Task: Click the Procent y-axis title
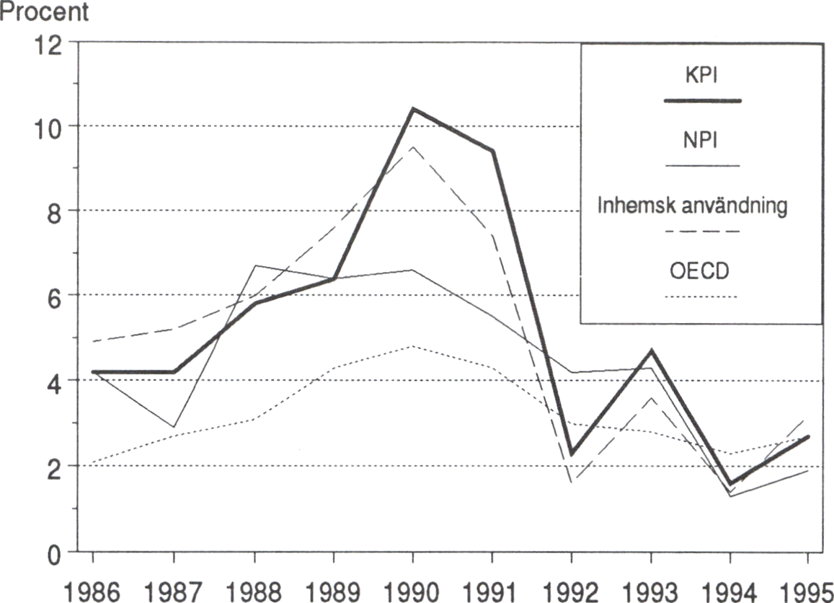(x=45, y=12)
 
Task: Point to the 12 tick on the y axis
(x=53, y=43)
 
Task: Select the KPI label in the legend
(x=701, y=74)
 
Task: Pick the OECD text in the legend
(x=701, y=273)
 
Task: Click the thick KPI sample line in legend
(x=701, y=101)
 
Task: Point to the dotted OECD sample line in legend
(x=701, y=297)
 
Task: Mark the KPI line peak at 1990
(x=412, y=109)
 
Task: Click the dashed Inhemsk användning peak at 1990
(x=412, y=147)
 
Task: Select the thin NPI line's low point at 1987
(x=174, y=427)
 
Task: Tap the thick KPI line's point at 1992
(x=572, y=454)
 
